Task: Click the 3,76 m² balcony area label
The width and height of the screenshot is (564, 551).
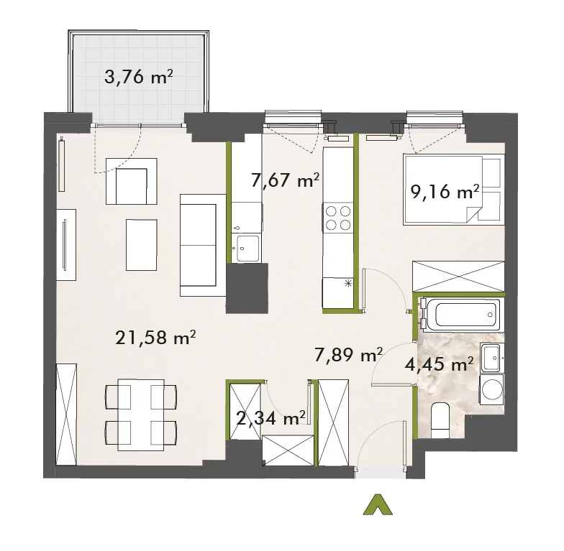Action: tap(138, 77)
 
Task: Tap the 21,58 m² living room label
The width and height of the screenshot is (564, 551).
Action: tap(155, 338)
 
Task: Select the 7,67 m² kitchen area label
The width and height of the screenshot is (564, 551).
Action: tap(285, 180)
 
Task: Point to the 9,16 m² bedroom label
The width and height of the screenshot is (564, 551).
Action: tap(445, 192)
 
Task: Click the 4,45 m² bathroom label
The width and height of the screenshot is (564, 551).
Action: tap(439, 365)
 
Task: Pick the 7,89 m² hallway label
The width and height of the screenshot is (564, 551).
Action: tap(348, 355)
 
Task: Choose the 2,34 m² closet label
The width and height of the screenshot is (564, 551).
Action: tap(271, 418)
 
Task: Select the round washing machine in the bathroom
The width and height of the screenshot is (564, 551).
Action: tap(492, 389)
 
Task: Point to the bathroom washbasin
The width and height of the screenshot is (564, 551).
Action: tap(491, 358)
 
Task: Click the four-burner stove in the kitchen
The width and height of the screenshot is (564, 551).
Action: tap(338, 218)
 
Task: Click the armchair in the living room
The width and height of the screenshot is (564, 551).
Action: tap(131, 181)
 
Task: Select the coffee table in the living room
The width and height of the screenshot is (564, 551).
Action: tap(141, 245)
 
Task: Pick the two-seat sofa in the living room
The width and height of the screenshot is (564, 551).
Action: tap(203, 246)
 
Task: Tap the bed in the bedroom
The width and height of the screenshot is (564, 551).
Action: tap(453, 190)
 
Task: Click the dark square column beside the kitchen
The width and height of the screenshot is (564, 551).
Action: tap(247, 288)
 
